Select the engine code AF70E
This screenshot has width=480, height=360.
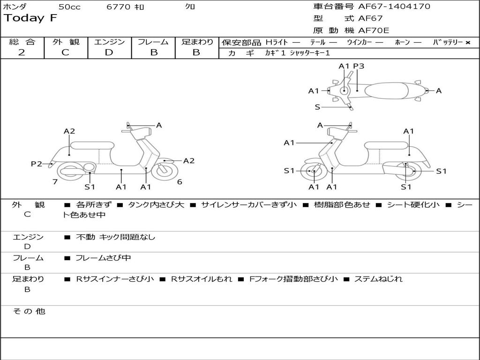click(x=374, y=30)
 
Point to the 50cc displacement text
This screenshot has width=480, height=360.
click(x=69, y=7)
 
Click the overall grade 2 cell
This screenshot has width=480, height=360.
click(x=22, y=52)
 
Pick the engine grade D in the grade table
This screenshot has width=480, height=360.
click(x=109, y=52)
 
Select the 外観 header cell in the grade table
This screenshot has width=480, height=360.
click(x=66, y=42)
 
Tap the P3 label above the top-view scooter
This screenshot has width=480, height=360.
click(x=359, y=66)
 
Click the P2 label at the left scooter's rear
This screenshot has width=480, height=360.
click(x=36, y=164)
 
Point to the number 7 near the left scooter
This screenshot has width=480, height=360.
click(x=55, y=182)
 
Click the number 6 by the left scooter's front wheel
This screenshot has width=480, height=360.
click(x=180, y=182)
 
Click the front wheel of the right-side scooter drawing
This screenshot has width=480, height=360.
click(x=313, y=172)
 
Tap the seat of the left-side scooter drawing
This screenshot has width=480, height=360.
click(x=92, y=145)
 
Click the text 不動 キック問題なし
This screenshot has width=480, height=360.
click(x=115, y=237)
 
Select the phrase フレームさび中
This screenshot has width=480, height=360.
click(x=103, y=258)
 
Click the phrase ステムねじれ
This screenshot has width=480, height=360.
click(x=378, y=279)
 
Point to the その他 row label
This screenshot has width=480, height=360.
click(x=29, y=311)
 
